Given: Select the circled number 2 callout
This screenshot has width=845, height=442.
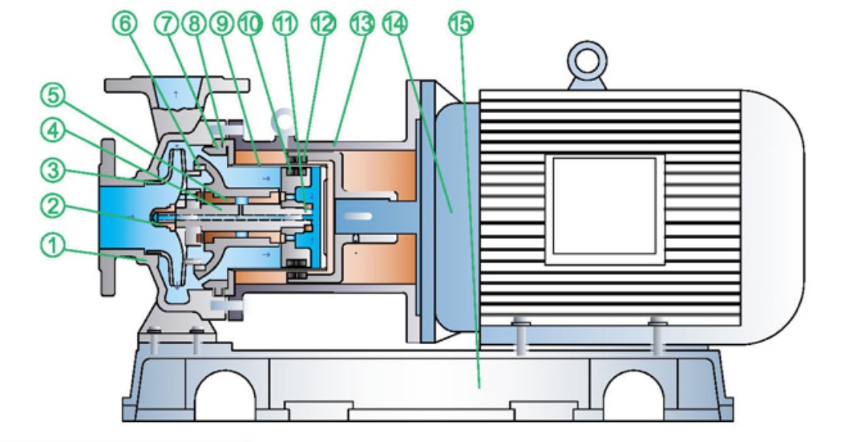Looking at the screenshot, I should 52,206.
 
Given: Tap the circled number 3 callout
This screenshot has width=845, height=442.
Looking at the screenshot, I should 52,170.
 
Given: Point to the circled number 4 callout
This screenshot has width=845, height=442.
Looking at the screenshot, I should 52,132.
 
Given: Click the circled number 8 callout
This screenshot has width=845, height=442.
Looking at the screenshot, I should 195,24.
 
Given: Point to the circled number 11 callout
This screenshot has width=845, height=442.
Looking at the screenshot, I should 285,24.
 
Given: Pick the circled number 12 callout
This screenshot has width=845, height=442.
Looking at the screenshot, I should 321,24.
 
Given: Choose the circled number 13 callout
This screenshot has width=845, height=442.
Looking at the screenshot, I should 360,24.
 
